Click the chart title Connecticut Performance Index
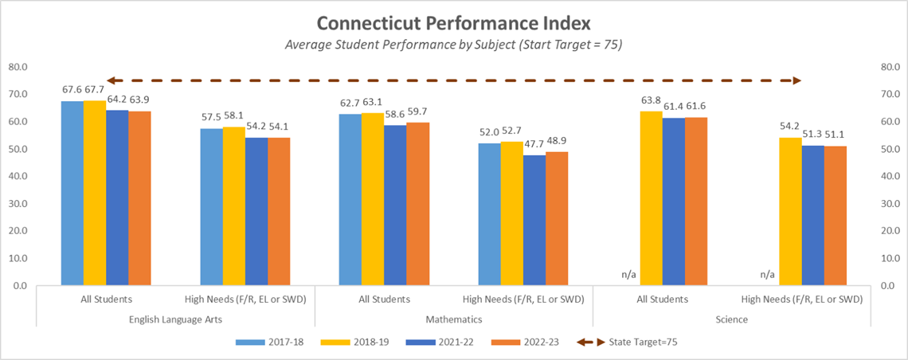coord(453,22)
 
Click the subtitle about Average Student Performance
coord(453,45)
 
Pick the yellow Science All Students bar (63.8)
coord(651,198)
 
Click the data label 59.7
coord(418,112)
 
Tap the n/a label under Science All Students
coord(628,275)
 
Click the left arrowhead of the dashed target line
coord(112,80)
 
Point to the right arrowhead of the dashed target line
coord(796,80)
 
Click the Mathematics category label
coord(453,319)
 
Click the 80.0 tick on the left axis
coord(18,67)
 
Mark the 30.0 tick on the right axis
coord(889,203)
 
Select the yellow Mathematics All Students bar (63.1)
coord(372,199)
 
